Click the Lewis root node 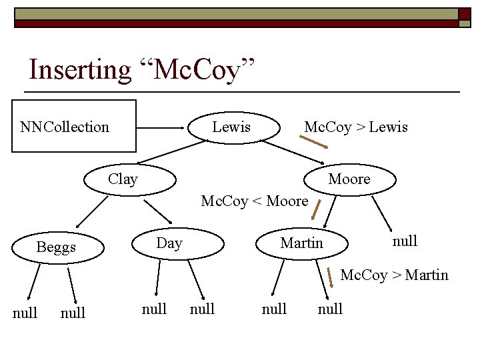coord(231,127)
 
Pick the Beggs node coord(57,247)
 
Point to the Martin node coord(302,243)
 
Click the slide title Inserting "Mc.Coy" coord(143,70)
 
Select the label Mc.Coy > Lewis coord(355,127)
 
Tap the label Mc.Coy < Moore coord(254,201)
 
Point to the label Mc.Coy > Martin coord(394,275)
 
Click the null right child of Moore coord(405,241)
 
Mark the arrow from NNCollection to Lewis coord(164,127)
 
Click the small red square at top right coord(464,14)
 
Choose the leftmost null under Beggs coord(25,313)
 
